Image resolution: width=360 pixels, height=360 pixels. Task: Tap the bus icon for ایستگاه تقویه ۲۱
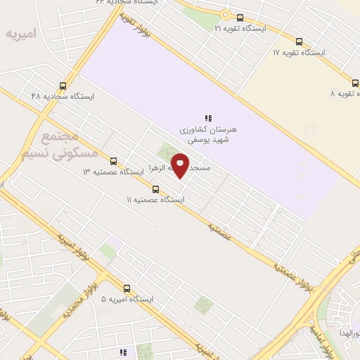click(240, 18)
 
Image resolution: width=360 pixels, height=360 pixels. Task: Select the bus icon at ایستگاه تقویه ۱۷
click(300, 41)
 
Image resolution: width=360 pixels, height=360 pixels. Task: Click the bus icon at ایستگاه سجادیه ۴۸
click(63, 86)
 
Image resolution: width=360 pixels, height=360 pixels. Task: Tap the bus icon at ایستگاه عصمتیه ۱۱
click(155, 189)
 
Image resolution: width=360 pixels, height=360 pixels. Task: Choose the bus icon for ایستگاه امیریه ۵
click(127, 288)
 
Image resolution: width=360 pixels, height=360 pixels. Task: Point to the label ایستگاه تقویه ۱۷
click(299, 53)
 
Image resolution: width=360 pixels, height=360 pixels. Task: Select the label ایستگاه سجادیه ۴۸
click(63, 96)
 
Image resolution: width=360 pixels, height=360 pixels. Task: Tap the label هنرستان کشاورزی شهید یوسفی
click(210, 135)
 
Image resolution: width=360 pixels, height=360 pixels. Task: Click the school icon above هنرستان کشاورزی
click(208, 117)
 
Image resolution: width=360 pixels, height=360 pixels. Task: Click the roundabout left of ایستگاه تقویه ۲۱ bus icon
click(225, 14)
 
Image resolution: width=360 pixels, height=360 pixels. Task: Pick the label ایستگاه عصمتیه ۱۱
click(155, 200)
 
